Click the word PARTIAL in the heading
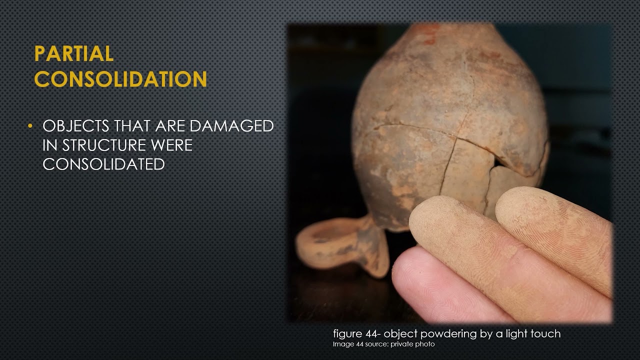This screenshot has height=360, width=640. pos(73,54)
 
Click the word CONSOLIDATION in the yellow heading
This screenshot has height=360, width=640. pos(120,79)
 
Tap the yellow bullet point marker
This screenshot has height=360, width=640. pos(31,125)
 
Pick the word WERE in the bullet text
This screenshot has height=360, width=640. pos(171,145)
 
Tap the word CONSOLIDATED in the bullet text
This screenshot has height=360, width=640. pos(103,164)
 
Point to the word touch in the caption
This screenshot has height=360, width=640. pos(546,334)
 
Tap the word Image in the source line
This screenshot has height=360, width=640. pos(342,344)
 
